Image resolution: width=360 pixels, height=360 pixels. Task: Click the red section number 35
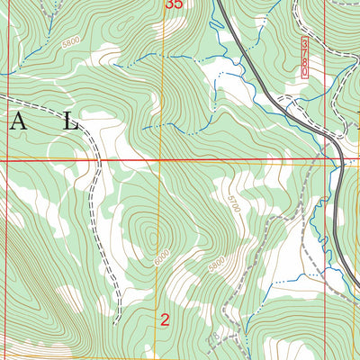click(x=175, y=4)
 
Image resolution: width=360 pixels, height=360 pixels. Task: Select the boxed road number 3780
click(x=305, y=57)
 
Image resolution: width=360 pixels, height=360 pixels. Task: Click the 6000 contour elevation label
click(x=159, y=256)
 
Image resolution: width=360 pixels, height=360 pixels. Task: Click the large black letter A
click(x=19, y=123)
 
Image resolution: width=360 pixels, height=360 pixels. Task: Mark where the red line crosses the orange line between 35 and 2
click(x=162, y=160)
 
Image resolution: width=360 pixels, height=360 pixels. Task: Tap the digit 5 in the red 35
click(x=179, y=4)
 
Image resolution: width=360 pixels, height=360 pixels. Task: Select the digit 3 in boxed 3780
click(x=305, y=42)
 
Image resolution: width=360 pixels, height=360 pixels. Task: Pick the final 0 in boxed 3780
click(x=305, y=70)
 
